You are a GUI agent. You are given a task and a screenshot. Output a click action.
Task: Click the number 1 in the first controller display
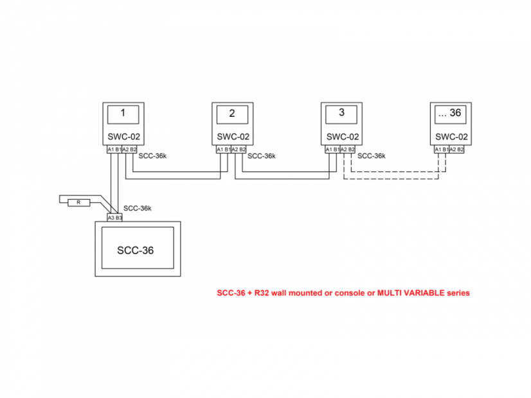tap(122, 113)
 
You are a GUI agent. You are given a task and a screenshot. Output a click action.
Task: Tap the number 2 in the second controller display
tap(231, 114)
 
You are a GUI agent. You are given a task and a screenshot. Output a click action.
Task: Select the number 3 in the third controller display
tap(341, 112)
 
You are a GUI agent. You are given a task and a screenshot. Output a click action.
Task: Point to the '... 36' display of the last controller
tap(449, 113)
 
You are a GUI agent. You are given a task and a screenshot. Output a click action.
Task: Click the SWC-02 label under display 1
tap(123, 136)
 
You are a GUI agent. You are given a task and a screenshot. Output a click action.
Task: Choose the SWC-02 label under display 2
tap(233, 136)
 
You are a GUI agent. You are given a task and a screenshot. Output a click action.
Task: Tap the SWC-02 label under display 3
tap(342, 136)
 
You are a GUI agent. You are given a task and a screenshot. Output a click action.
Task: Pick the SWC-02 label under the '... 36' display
tap(451, 136)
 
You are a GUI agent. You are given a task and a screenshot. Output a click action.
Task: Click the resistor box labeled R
tap(78, 202)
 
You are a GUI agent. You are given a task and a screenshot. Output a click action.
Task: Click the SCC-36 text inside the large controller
tap(136, 250)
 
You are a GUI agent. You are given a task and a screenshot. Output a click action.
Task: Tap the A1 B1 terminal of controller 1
tap(114, 150)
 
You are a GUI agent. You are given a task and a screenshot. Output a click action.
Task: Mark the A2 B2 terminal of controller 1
tap(130, 150)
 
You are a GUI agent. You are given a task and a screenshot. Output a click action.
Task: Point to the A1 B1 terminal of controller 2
tap(224, 150)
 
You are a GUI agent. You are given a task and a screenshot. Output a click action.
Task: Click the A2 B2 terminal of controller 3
tap(348, 150)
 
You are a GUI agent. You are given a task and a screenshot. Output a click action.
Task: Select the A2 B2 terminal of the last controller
tap(457, 150)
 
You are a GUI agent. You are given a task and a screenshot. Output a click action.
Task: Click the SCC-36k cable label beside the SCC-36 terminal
tap(138, 209)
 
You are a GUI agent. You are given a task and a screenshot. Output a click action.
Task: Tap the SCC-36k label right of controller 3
tap(371, 156)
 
